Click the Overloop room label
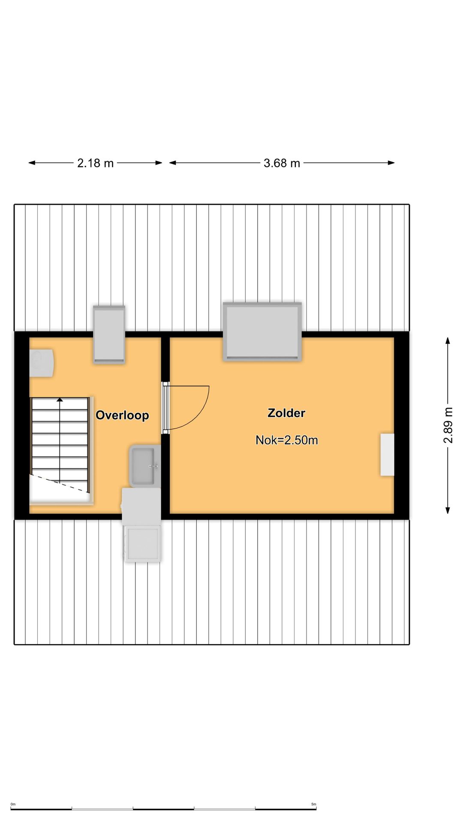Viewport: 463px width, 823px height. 122,415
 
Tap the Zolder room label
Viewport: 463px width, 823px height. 286,413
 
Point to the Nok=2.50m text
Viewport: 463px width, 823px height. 287,440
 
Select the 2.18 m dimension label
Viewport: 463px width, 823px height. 95,163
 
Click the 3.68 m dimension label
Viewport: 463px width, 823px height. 282,163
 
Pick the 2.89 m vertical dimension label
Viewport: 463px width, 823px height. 448,425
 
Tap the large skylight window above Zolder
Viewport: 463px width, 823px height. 262,331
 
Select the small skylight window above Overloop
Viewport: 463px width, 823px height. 109,335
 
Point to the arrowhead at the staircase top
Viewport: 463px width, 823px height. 60,399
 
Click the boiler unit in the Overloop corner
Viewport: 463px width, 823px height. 41,363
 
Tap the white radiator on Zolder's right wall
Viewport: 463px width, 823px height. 387,454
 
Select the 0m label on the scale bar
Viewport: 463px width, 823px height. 13,804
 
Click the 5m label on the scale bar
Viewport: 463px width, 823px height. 314,804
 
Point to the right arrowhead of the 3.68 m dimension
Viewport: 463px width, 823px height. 391,163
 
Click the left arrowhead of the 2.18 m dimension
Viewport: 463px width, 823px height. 32,163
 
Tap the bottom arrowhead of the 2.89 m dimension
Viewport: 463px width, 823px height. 448,510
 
